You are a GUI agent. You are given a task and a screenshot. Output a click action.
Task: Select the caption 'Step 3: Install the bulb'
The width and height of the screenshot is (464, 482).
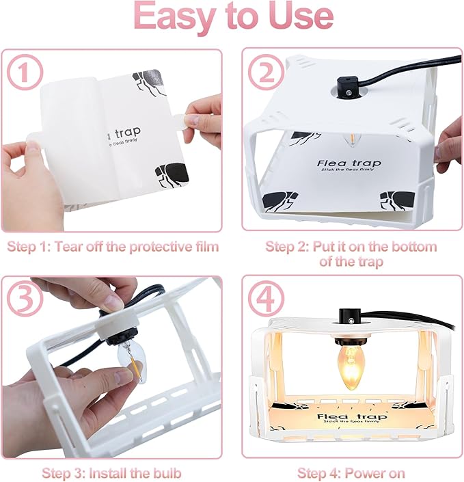coord(111,472)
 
